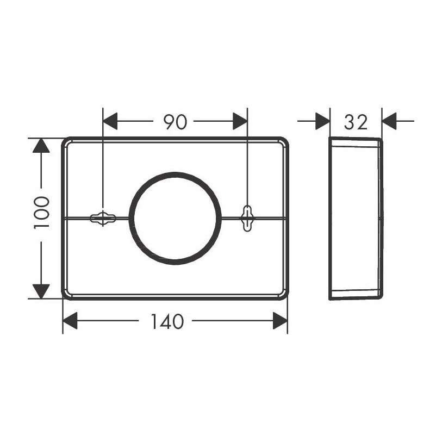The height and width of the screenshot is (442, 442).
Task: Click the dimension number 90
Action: [175, 122]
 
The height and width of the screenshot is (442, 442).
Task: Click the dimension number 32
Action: [356, 122]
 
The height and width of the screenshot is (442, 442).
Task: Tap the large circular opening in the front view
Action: [175, 218]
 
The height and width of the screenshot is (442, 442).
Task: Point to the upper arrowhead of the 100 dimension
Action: [41, 146]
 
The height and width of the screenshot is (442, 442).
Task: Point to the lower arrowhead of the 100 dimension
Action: [41, 291]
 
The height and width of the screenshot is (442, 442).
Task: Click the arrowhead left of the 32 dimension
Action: [322, 121]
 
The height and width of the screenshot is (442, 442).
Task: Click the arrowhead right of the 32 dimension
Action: [390, 121]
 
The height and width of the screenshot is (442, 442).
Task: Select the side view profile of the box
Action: [356, 218]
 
